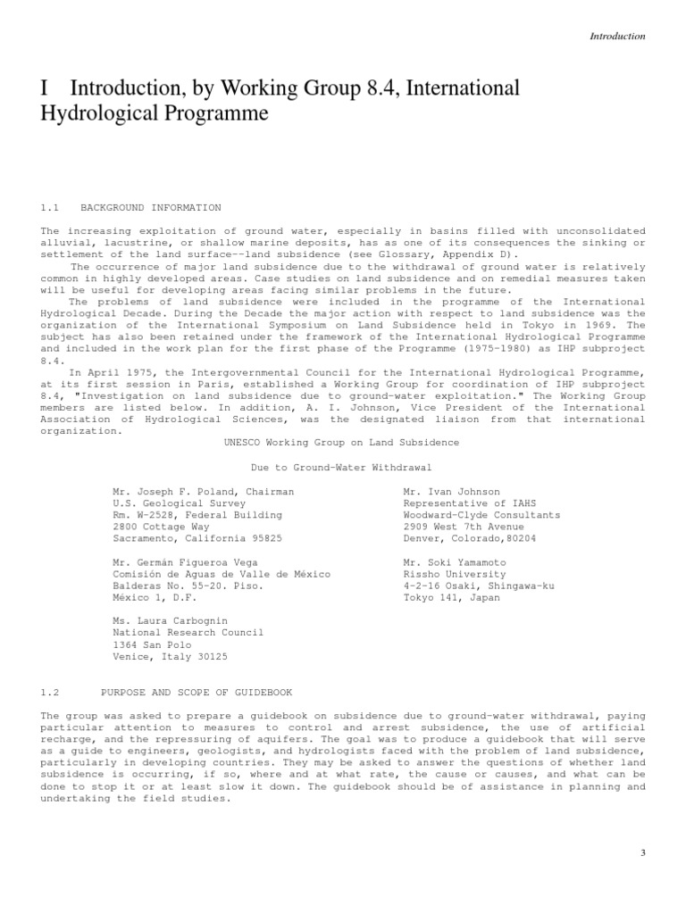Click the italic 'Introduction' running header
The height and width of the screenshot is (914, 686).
coord(617,37)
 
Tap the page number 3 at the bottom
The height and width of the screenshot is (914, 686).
coord(642,853)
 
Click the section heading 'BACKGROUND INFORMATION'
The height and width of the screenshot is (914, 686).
coord(151,208)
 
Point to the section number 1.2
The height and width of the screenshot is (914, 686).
coord(49,693)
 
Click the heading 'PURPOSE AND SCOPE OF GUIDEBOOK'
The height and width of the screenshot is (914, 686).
coord(197,693)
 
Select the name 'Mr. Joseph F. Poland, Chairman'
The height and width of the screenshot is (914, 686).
coord(203,492)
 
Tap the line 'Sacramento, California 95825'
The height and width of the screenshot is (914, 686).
coord(197,538)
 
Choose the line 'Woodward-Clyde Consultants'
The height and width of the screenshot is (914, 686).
coord(481,515)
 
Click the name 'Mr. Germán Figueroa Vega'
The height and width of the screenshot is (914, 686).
coord(185,563)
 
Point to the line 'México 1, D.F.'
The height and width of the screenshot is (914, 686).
coord(154,598)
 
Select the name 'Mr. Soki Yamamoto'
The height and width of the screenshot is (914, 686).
coord(455,563)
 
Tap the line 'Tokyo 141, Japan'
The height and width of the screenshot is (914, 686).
coord(452,598)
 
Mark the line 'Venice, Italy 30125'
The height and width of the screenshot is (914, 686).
coord(170,656)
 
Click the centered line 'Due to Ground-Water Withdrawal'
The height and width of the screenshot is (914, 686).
coord(341,467)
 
